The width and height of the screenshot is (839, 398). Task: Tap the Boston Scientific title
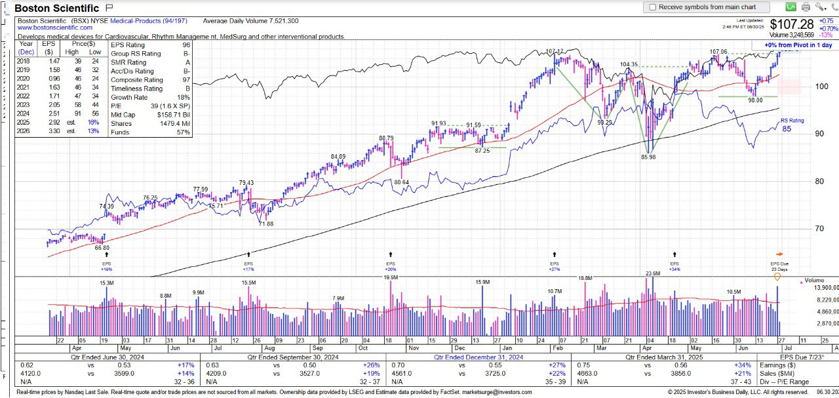coord(56,9)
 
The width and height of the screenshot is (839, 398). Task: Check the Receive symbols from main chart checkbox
coord(652,7)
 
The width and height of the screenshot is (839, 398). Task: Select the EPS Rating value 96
coord(186,45)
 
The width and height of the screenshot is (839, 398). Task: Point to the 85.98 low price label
coord(648,157)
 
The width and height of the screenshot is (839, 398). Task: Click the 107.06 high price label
coord(718,52)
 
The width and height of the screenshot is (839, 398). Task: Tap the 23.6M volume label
coord(652,273)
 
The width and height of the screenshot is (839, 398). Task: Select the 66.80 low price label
coord(102,248)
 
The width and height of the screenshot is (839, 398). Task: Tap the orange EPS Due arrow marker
coord(779,254)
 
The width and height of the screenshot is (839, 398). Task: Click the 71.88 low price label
coord(265,224)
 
